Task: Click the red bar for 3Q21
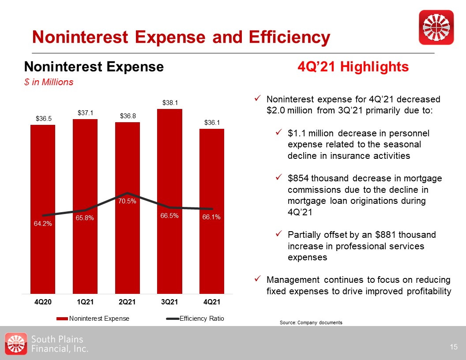point(170,201)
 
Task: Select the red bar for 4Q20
point(43,210)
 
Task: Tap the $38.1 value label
point(170,103)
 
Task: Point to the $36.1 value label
point(212,123)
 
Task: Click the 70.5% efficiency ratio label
point(127,201)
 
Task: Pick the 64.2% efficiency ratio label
point(43,223)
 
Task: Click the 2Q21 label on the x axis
point(127,302)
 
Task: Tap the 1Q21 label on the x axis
point(85,302)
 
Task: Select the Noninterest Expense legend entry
point(93,319)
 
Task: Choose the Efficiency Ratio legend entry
point(195,319)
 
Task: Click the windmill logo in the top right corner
point(436,27)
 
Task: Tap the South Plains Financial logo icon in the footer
point(16,344)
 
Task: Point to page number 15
point(454,347)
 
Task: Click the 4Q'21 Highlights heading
point(353,67)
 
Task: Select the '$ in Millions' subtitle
point(49,82)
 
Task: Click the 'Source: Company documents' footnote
point(311,322)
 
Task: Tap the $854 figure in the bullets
point(299,178)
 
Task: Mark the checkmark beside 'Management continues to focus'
point(258,279)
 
